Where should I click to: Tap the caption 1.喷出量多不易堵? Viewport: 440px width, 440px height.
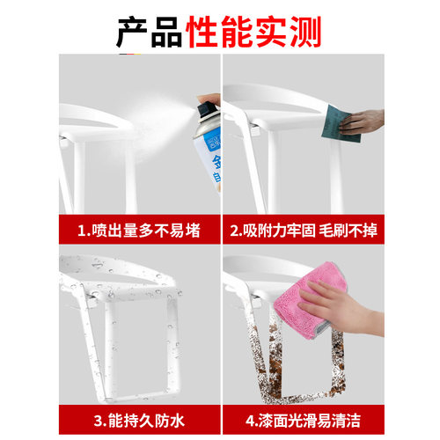click(138, 231)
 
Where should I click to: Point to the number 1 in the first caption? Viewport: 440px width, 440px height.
click(82, 231)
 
